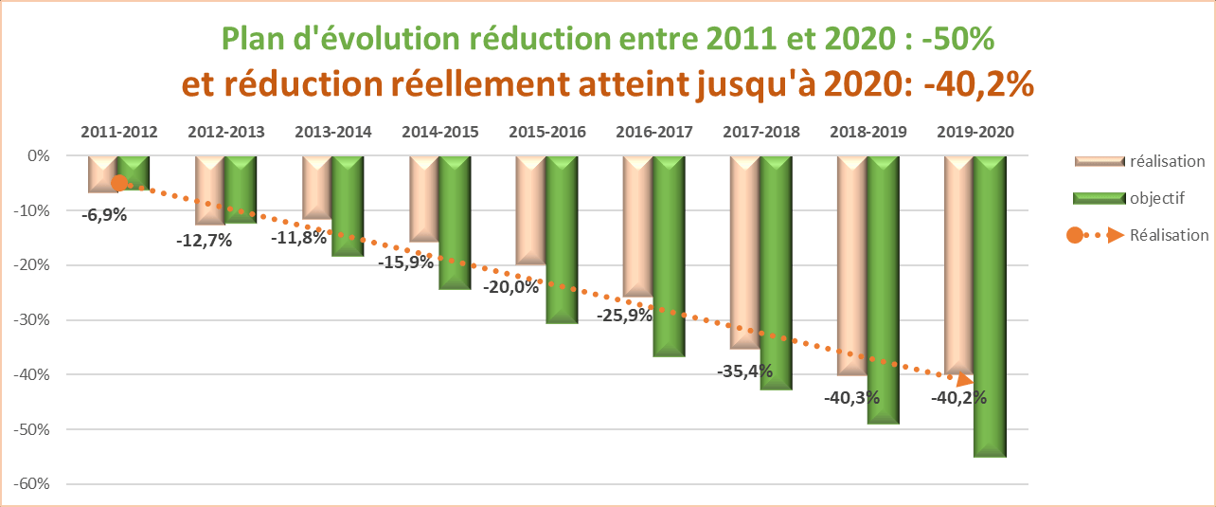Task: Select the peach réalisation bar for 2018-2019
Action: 852,265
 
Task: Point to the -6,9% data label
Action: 104,215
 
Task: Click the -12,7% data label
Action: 205,241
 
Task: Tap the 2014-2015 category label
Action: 440,132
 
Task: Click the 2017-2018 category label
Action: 760,132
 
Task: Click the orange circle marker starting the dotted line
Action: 119,183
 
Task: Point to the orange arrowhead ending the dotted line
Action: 965,381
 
